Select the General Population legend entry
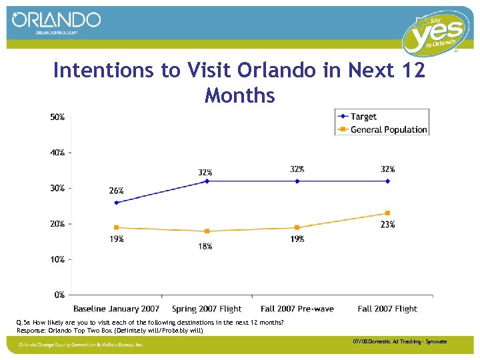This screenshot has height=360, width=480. (x=389, y=129)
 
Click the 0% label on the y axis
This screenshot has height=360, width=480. (x=59, y=294)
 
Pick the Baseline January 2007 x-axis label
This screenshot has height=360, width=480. (x=117, y=309)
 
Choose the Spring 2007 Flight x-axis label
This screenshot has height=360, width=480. (x=207, y=309)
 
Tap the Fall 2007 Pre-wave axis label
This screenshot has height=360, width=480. (x=297, y=309)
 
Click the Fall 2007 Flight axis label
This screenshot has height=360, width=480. (x=387, y=309)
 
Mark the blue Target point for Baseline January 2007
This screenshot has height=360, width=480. (x=117, y=203)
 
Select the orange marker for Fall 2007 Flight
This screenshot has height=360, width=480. (x=387, y=213)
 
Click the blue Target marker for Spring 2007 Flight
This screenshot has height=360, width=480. (x=207, y=181)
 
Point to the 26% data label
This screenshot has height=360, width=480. (x=116, y=191)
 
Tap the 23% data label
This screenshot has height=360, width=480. (x=387, y=225)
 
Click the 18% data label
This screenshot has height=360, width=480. (x=205, y=246)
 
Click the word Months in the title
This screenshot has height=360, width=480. (x=240, y=95)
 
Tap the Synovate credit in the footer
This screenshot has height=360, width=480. (x=437, y=342)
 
